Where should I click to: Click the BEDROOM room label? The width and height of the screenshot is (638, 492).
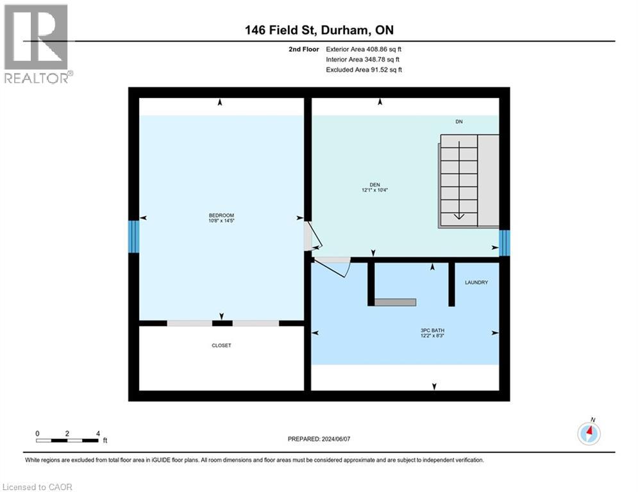pos(221,215)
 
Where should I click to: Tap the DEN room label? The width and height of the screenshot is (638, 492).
pos(374,184)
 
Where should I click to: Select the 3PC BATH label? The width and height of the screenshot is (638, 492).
pos(433,331)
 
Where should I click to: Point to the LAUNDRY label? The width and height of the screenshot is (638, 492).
pos(476,282)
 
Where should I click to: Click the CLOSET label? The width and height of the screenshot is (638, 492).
pos(221,345)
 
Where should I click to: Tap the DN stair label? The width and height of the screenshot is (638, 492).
pos(459,122)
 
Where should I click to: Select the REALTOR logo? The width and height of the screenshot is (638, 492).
pos(37,44)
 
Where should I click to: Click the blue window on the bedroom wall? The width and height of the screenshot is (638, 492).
pos(134,236)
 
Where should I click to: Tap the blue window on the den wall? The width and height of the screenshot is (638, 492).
pos(505,243)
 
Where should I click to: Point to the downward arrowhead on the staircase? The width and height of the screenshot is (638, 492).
pos(459,216)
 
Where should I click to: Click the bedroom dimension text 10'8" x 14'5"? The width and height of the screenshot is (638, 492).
pos(221,220)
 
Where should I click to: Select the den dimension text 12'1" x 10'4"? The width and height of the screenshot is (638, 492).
pos(374,190)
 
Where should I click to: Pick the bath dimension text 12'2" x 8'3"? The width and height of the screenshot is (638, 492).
pos(433,336)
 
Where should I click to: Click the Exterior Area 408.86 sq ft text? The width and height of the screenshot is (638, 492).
pos(364,49)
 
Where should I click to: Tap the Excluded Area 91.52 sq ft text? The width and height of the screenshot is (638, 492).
pos(364,70)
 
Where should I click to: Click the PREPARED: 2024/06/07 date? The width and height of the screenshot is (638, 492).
pos(319,439)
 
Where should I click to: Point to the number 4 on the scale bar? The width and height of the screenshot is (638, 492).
pos(98,434)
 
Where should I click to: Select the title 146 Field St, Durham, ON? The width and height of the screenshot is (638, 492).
pos(319,30)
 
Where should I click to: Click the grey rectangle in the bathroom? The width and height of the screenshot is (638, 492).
pos(395,302)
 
